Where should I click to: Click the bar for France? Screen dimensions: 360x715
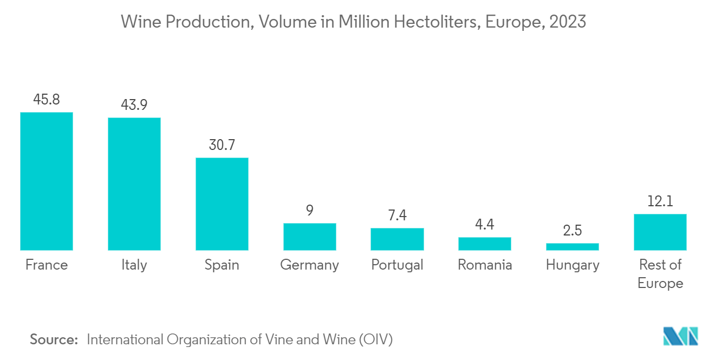point(47,181)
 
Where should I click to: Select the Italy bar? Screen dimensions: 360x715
point(134,184)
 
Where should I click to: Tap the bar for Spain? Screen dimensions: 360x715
point(222,204)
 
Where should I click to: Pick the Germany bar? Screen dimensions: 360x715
point(310,237)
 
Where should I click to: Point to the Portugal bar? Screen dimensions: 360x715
point(397,239)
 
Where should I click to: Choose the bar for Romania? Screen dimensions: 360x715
point(485,244)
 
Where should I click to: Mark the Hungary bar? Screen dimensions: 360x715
point(573,247)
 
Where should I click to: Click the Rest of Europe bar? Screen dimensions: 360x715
point(660,232)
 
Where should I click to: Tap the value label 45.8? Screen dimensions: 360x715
point(47,100)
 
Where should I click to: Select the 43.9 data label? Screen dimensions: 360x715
point(134,105)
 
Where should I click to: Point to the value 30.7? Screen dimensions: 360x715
point(222,145)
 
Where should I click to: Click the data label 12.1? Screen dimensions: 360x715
point(660,201)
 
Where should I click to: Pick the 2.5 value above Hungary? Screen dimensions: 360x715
point(573,231)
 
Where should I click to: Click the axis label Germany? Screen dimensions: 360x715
point(310,265)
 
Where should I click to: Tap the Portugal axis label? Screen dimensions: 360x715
point(397,265)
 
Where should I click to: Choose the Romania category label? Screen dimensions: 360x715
point(485,265)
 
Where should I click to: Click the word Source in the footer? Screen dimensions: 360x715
point(54,339)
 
